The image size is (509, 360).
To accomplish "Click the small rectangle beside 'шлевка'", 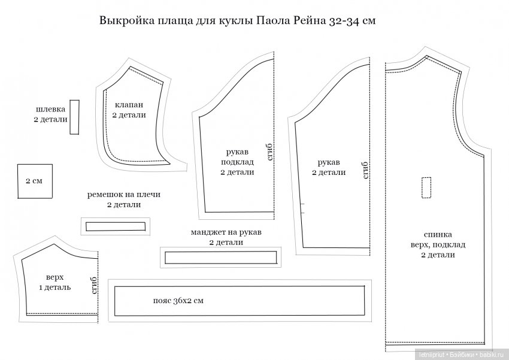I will [x=74, y=117].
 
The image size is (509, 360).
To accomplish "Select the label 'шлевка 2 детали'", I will [x=50, y=115].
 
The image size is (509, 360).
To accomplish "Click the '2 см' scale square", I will [x=34, y=181].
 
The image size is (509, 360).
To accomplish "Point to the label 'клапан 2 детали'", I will [x=129, y=110].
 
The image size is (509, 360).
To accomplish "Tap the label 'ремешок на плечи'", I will [x=124, y=195].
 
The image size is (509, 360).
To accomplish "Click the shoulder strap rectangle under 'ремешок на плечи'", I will [x=116, y=226].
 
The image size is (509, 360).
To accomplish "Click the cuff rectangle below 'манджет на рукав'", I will [x=220, y=257].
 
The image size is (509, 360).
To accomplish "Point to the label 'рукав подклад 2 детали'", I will [x=237, y=162].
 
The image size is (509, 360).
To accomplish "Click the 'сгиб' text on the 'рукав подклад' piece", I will [x=269, y=152].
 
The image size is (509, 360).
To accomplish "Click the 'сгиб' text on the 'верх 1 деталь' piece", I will [x=93, y=285].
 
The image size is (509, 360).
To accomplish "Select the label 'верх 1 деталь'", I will [x=54, y=282].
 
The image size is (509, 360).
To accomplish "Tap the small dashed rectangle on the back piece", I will [x=426, y=187].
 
